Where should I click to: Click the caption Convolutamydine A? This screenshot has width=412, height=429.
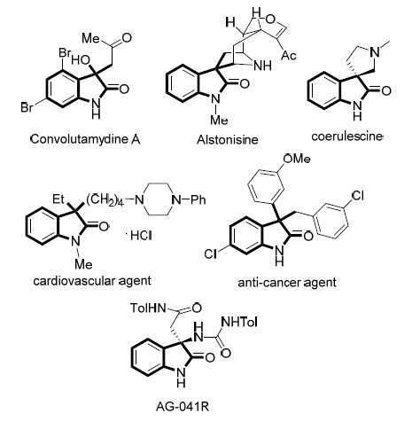point(85,139)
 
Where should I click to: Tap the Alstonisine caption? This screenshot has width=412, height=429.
point(228,139)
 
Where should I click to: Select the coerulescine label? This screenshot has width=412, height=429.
point(347,136)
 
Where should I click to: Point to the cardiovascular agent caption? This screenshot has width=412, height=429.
point(92,281)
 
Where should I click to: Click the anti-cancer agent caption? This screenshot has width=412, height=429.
point(287,283)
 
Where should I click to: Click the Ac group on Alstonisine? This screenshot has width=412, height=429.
point(289,55)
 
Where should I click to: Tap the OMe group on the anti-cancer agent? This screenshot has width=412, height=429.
point(296,159)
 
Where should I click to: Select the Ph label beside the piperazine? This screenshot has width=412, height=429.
point(198,200)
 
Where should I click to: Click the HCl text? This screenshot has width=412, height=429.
point(141,236)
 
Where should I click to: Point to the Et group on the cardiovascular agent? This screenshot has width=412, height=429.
point(58,199)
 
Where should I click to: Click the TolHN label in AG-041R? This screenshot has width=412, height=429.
point(148,308)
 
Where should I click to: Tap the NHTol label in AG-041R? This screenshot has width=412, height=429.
point(238,322)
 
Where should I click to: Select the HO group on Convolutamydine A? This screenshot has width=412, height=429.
point(81,60)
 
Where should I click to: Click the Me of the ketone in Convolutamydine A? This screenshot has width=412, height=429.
point(91,37)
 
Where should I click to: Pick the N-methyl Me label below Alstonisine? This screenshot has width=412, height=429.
point(219,120)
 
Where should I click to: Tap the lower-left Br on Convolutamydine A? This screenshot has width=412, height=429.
point(27,107)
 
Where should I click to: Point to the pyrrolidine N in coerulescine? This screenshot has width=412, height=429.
point(375,52)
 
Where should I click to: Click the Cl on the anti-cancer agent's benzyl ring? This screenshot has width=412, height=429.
point(357,196)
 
